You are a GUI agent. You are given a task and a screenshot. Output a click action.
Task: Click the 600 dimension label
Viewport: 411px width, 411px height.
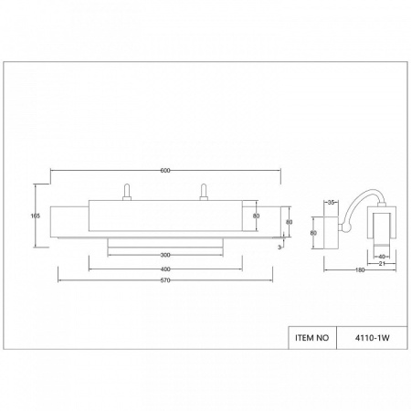(x=165, y=171)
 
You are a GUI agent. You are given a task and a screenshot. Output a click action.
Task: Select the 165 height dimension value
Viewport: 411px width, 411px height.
(x=36, y=216)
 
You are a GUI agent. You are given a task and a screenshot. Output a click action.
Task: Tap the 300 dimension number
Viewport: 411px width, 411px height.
(x=165, y=255)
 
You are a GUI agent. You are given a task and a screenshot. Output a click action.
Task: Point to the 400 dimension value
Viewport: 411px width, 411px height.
(x=165, y=269)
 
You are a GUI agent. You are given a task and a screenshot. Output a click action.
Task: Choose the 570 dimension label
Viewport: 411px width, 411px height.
(x=165, y=280)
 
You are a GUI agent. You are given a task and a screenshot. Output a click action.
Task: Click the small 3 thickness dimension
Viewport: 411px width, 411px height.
(x=279, y=248)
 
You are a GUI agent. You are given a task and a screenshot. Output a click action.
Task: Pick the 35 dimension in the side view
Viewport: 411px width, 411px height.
(x=332, y=202)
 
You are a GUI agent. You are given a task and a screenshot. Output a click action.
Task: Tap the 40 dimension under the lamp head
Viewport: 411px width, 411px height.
(x=382, y=257)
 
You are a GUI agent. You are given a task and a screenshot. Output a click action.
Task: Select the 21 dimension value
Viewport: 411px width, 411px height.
(x=382, y=264)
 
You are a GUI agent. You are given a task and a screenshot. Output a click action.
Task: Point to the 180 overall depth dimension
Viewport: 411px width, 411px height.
(x=360, y=269)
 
